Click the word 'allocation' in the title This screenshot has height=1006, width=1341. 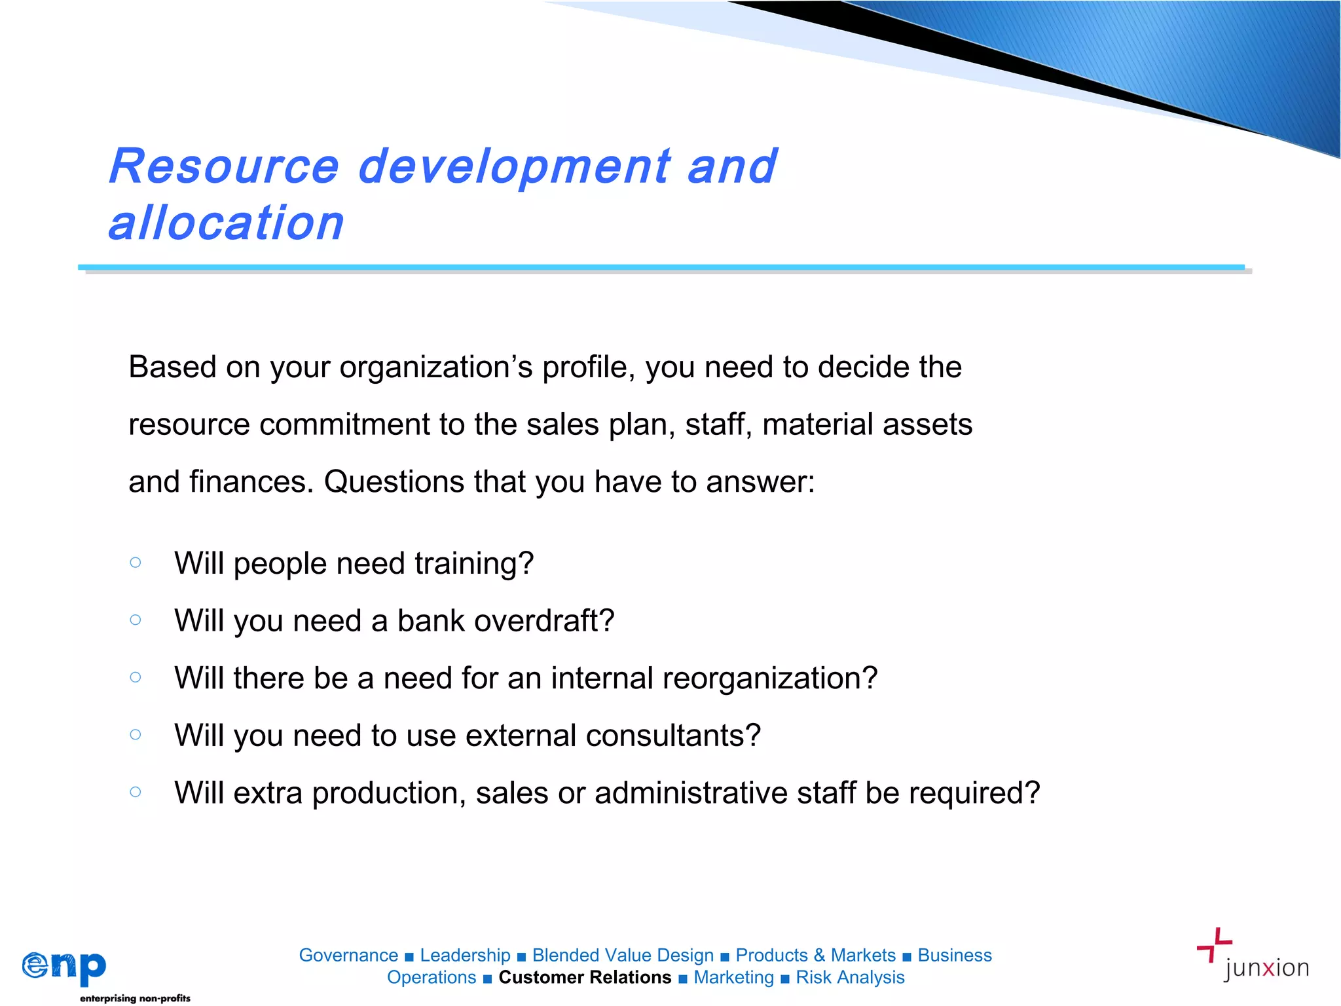coord(227,223)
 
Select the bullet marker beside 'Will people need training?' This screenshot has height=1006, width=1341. coord(136,562)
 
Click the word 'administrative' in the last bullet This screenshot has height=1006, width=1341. coord(691,792)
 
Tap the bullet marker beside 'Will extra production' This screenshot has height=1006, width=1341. coord(136,792)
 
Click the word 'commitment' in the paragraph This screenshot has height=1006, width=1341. coord(344,424)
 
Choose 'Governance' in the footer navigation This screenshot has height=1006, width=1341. coord(348,955)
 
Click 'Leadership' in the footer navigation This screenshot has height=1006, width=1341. coord(465,955)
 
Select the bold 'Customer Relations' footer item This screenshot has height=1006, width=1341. coord(585,977)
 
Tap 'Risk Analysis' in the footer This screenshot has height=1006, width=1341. coord(850,977)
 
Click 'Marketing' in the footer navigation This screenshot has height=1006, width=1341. coord(733,977)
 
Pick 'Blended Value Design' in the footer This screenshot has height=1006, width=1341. coord(623,955)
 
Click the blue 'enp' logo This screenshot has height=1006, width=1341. coord(64,967)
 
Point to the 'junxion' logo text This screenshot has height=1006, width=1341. coord(1266,968)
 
